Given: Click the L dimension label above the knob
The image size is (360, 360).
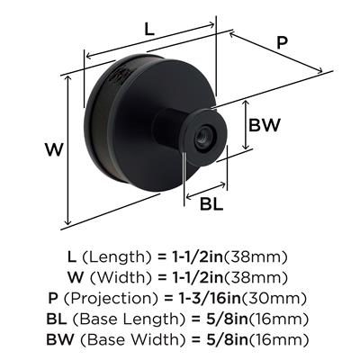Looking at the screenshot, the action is click(x=149, y=29).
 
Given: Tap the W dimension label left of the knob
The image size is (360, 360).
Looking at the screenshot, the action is click(x=54, y=149).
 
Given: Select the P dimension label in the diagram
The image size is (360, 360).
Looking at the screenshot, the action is click(x=282, y=42).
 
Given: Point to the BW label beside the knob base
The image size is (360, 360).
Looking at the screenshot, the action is click(x=264, y=125).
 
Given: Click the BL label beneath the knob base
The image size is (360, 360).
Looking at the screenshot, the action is click(x=211, y=204).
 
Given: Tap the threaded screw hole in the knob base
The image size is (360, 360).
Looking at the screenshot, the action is click(x=202, y=138).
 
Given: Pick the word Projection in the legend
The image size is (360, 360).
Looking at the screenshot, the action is click(x=111, y=299).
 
